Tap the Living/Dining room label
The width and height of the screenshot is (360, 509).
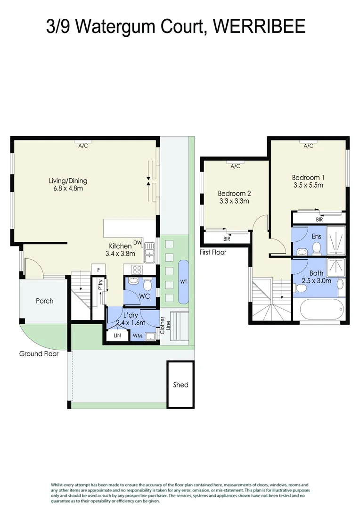[68, 181]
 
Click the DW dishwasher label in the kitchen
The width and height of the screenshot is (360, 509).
[138, 243]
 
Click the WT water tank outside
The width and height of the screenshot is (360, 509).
[183, 282]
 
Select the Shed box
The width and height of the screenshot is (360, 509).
[180, 385]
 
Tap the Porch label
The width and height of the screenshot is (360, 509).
[45, 301]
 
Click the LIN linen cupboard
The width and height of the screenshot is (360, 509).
[117, 336]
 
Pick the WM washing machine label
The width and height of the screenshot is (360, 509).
[138, 336]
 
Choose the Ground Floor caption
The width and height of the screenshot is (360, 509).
[39, 353]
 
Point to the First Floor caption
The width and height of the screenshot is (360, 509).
[213, 252]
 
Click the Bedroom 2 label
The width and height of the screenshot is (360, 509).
[234, 193]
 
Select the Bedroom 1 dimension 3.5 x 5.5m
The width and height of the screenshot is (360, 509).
[308, 185]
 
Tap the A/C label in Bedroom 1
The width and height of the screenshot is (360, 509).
[308, 146]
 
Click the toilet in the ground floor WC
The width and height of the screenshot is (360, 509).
[147, 285]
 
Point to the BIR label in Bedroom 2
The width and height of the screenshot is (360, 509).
[227, 239]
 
